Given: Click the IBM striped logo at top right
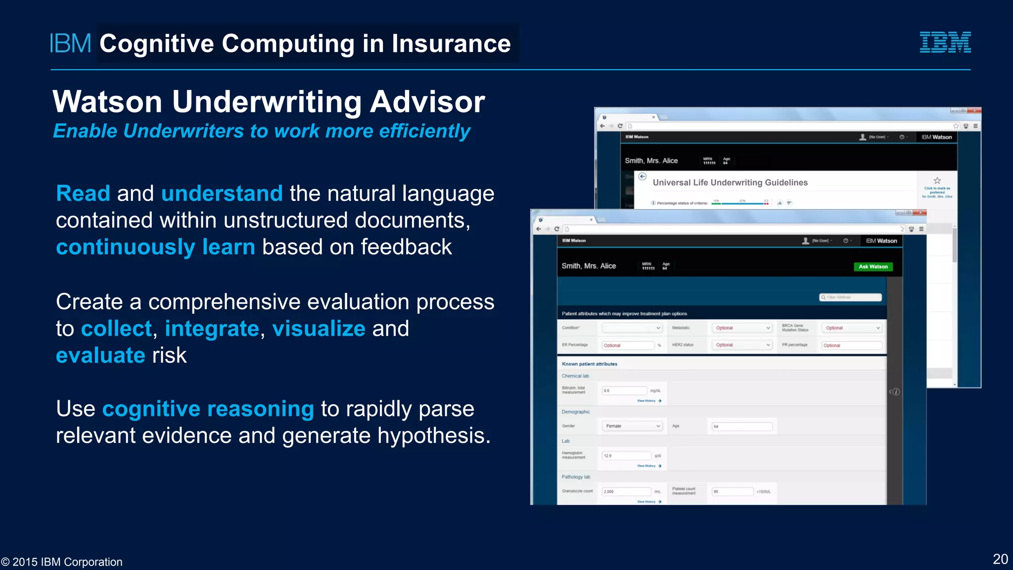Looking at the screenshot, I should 945,42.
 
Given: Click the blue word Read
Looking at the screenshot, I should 83,193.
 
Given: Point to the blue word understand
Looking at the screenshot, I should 222,193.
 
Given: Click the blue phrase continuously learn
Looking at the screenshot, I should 155,247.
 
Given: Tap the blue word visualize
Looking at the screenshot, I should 319,329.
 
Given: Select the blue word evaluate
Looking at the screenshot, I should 100,355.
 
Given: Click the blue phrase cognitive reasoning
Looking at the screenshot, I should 208,409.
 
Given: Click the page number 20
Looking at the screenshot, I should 1000,559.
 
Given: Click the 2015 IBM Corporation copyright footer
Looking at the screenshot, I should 62,562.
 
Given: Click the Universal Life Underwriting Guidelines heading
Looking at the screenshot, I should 730,183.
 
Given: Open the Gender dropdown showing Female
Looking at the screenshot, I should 632,426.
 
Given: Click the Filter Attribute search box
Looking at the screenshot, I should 851,297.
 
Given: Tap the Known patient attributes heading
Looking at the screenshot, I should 589,364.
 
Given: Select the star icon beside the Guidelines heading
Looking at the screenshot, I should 937,181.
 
